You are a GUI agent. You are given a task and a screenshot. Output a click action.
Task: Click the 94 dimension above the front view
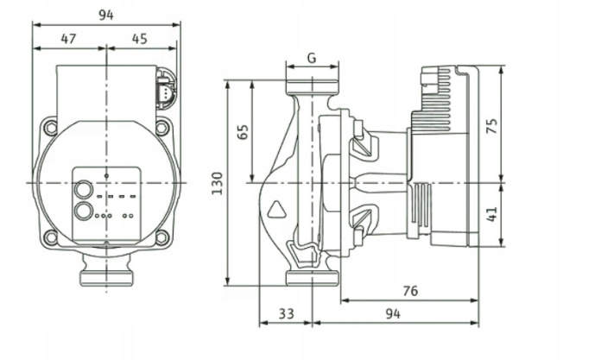tap(106, 13)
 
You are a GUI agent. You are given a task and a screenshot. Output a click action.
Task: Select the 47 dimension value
tap(70, 38)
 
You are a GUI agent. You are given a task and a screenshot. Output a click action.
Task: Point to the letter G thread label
tap(311, 59)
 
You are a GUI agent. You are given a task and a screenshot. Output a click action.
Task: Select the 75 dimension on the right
tap(492, 125)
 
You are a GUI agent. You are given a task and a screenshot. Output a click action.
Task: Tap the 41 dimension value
tap(492, 212)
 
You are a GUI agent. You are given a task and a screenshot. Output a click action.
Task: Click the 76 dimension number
tap(411, 291)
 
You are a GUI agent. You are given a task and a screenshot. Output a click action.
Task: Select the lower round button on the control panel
tap(84, 210)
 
